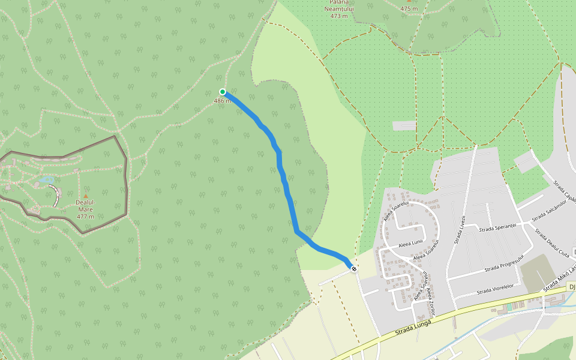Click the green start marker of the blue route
223,92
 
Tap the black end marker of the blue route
354,269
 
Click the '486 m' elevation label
222,101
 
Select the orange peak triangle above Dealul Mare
85,196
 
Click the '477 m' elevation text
85,216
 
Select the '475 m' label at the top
409,8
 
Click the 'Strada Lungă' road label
414,325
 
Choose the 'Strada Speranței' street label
497,227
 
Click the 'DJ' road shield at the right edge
572,287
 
